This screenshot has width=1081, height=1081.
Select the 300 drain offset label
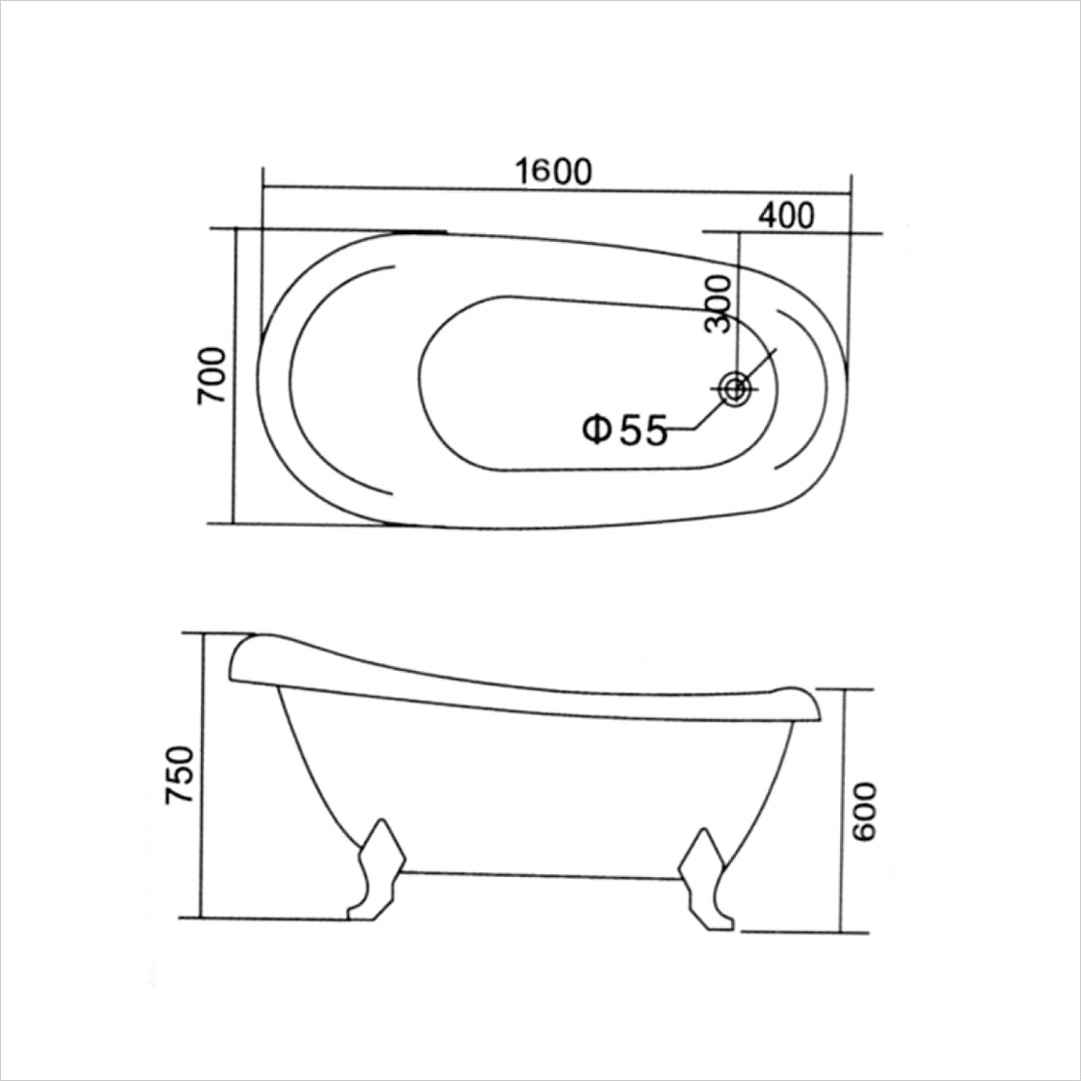pyautogui.click(x=717, y=303)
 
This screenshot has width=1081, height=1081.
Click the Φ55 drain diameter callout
pyautogui.click(x=625, y=429)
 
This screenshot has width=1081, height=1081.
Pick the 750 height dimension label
pyautogui.click(x=181, y=776)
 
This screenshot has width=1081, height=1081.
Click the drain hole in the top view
pyautogui.click(x=735, y=389)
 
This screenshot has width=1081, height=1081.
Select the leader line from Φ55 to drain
pyautogui.click(x=710, y=414)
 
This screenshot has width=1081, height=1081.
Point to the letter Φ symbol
pyautogui.click(x=596, y=429)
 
